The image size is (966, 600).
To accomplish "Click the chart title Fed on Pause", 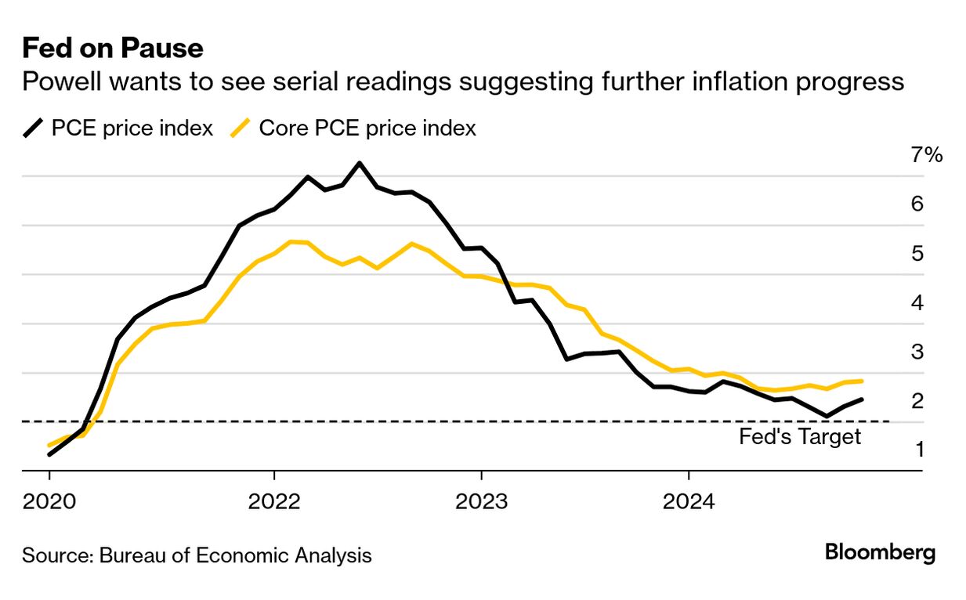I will pos(113,49).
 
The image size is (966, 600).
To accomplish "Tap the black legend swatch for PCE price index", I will pos(34,128).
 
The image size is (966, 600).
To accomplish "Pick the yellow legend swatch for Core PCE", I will pos(241,128).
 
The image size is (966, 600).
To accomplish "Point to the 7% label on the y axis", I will pos(926,155).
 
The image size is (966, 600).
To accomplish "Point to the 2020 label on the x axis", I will pos(49,500).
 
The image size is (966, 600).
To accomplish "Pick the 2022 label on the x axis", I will pos(274,500).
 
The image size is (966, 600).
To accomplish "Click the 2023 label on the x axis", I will pos(481,500).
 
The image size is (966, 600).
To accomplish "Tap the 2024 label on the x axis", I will pos(689,500).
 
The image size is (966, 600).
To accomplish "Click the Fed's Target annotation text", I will pos(799,437).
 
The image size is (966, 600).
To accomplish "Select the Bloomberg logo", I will pos(880,552).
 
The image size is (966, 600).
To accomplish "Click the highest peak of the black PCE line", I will pos(359,163).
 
